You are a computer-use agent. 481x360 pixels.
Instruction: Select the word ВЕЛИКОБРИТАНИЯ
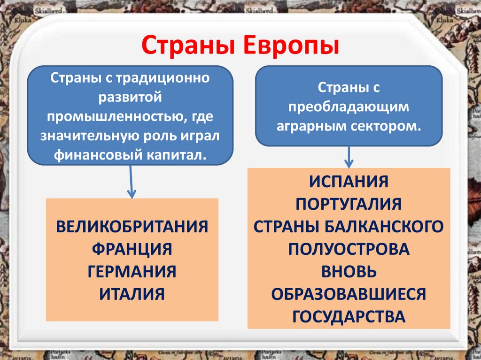(132, 226)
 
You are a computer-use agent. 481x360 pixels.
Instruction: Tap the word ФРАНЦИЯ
(132, 248)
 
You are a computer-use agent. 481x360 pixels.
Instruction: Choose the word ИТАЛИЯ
(132, 294)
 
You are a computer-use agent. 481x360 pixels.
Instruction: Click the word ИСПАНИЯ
(349, 181)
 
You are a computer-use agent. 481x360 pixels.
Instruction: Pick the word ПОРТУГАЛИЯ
(349, 204)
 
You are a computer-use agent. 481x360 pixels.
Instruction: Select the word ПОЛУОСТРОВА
(349, 249)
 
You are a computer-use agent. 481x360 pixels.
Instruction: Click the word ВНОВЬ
(349, 271)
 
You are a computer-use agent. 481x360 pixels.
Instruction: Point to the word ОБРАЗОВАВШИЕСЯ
(349, 294)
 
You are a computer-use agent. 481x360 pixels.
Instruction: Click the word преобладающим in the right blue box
(349, 107)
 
